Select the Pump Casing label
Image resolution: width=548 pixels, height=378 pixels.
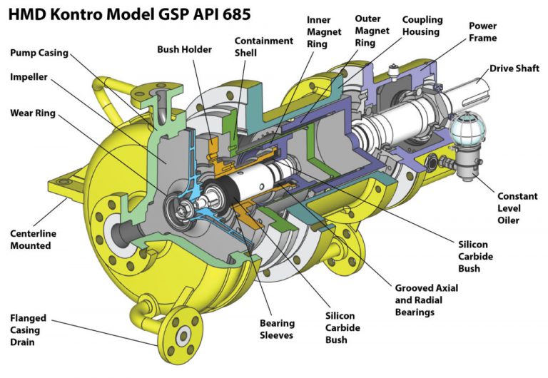[43, 53]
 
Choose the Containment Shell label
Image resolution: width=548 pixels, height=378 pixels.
[263, 47]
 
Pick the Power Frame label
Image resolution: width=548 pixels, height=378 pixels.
[483, 31]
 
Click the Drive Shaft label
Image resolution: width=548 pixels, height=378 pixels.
[515, 69]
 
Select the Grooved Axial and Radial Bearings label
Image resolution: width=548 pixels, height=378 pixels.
[426, 300]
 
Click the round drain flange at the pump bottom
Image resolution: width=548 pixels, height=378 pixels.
[182, 334]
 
